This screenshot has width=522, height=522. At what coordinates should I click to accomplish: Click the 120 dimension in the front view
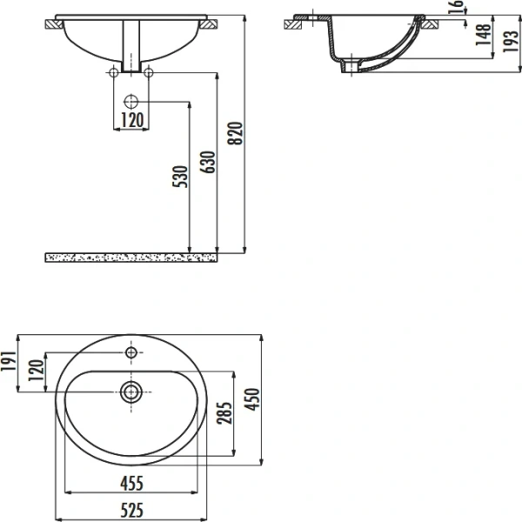pyautogui.click(x=130, y=120)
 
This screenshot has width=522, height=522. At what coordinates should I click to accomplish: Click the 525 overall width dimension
pyautogui.click(x=130, y=509)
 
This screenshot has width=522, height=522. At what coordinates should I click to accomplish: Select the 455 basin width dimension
pyautogui.click(x=130, y=483)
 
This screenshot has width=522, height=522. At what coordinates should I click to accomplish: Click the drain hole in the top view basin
pyautogui.click(x=131, y=391)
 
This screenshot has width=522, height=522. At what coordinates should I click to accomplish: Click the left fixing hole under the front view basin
pyautogui.click(x=114, y=71)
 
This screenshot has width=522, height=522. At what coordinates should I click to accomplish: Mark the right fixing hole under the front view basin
pyautogui.click(x=148, y=71)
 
